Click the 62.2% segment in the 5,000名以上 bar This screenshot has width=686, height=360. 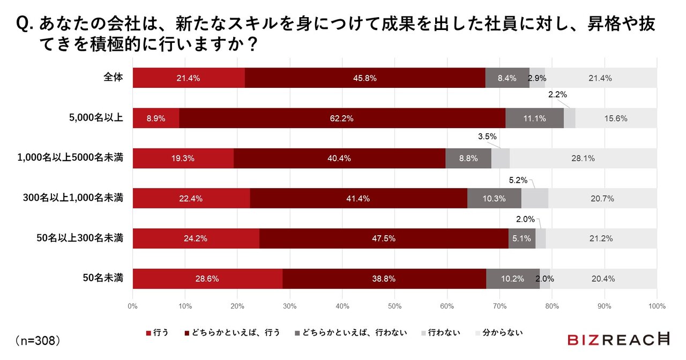(342, 118)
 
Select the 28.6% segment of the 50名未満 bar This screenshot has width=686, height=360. (207, 279)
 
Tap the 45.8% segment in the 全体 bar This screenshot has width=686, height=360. (364, 78)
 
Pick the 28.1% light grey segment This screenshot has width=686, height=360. (583, 158)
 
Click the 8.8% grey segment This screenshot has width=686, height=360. (468, 158)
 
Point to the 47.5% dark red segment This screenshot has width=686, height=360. (384, 238)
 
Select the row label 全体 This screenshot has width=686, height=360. (113, 78)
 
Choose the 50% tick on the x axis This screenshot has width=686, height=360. (394, 306)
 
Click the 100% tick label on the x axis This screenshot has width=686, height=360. (657, 306)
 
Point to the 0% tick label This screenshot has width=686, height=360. (133, 306)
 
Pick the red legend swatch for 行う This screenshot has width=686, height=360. (148, 333)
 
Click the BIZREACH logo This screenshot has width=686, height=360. (618, 339)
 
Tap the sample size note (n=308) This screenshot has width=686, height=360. (38, 340)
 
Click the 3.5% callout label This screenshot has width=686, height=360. (487, 137)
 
